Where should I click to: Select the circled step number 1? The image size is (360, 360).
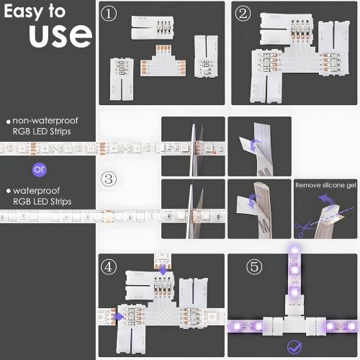109,14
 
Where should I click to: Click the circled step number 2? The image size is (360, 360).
243,14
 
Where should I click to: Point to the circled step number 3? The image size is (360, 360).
109,179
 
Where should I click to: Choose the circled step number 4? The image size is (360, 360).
109,266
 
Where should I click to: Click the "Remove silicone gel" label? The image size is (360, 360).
325,185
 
